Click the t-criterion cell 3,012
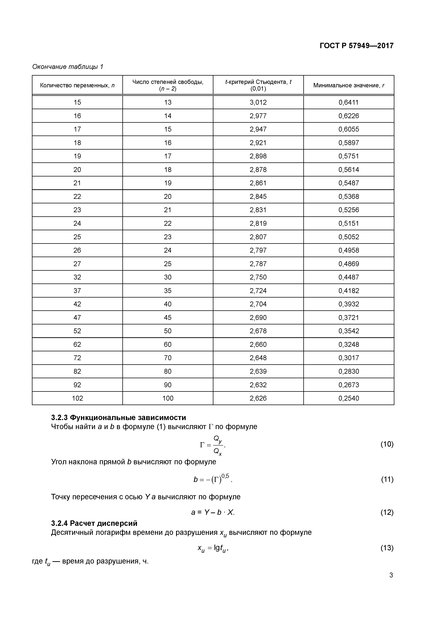tap(258, 102)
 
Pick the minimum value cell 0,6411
tap(348, 102)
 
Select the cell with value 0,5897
tap(348, 143)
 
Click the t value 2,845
tap(258, 196)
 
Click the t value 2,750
tap(258, 277)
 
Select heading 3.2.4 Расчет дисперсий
tap(94, 523)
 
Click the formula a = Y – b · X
tap(213, 512)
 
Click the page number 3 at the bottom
tap(391, 575)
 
